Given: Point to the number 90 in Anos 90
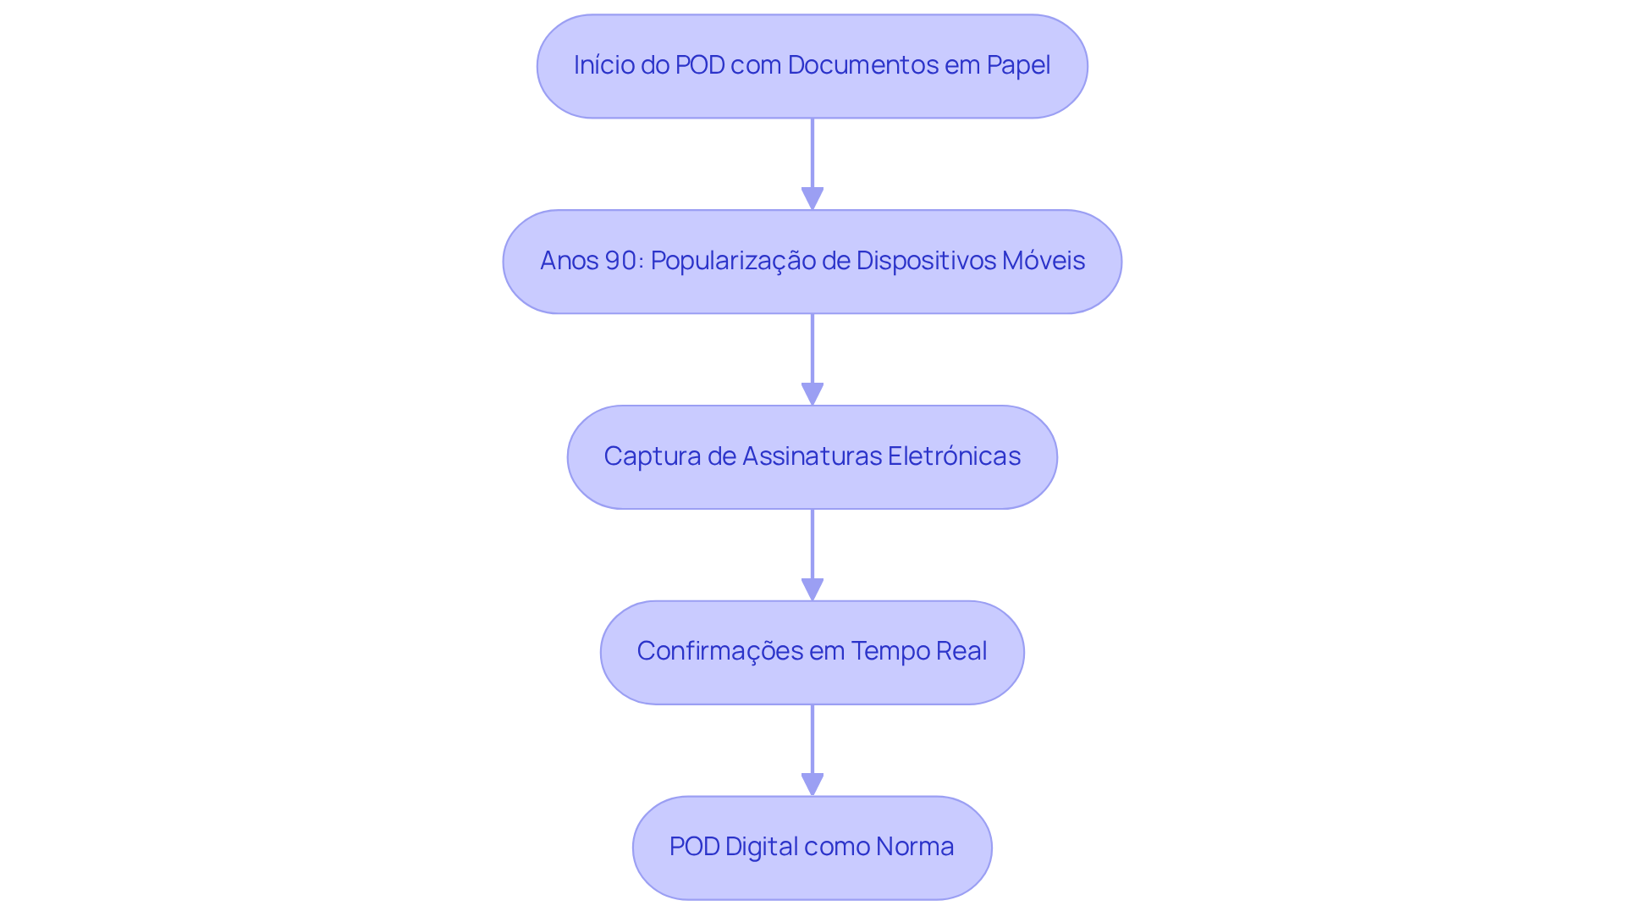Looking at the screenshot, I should tap(621, 261).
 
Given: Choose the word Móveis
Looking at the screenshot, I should tap(1044, 261).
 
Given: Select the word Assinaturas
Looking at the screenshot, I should tap(812, 456).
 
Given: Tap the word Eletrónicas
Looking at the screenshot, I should tap(954, 456).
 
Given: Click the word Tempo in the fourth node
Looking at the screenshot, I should tap(886, 651).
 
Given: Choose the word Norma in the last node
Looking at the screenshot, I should tap(915, 847).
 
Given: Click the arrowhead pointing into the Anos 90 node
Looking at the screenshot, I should tap(812, 198).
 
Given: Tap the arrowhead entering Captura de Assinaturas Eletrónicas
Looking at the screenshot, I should tap(812, 394).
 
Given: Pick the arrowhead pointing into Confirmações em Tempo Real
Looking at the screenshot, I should tap(812, 589).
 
